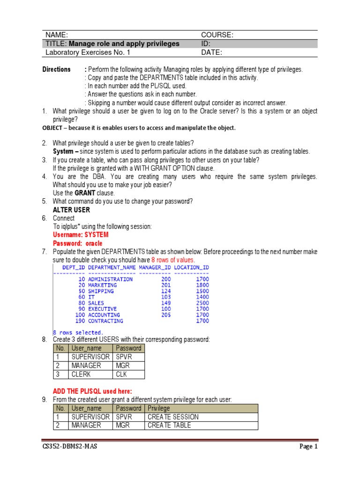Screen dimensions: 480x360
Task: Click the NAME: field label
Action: [x=57, y=35]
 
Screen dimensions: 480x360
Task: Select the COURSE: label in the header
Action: [x=217, y=35]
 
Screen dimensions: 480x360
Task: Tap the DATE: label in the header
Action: [x=211, y=52]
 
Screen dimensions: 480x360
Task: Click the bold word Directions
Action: [x=57, y=69]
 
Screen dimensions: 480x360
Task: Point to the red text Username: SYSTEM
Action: [x=81, y=235]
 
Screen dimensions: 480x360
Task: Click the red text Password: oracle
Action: [x=77, y=244]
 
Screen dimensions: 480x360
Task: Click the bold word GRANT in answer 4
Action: [x=84, y=193]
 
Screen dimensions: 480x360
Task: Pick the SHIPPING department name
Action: [x=101, y=291]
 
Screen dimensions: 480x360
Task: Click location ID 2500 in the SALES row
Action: [x=202, y=303]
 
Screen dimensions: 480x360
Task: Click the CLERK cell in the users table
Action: [x=81, y=375]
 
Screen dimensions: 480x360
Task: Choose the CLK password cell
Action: [x=121, y=375]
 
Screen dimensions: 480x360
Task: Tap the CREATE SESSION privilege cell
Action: [x=173, y=417]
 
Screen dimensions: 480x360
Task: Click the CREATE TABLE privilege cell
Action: [x=169, y=425]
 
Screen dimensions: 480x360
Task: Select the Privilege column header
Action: [x=159, y=408]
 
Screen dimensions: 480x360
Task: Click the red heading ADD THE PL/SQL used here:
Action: [x=92, y=391]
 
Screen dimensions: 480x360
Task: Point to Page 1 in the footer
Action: [x=308, y=447]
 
